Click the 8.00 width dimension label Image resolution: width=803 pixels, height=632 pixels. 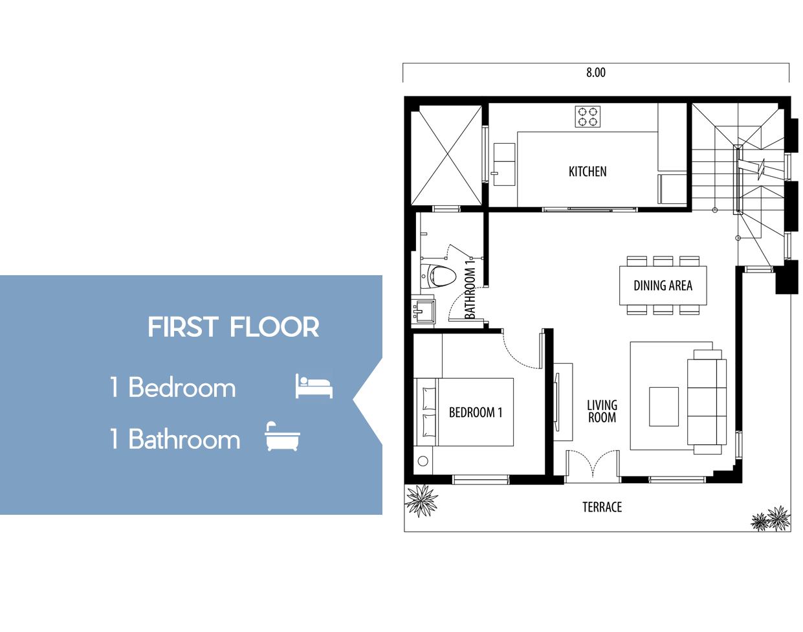pos(595,73)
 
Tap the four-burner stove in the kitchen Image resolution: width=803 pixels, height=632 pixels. pos(588,117)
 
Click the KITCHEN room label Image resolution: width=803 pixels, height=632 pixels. pos(588,172)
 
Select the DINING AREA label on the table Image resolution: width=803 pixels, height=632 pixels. pos(663,286)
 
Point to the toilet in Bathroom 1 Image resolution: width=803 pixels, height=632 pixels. pos(438,276)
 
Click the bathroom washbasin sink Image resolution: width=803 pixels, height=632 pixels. pos(424,310)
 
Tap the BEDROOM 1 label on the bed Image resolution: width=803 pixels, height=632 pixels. pos(476,412)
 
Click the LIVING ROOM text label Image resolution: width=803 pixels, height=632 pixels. pos(602,411)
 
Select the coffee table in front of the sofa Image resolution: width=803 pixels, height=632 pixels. pos(663,407)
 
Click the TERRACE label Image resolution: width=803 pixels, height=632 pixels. pos(602,507)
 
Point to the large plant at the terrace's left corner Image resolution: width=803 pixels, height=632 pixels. pos(421,501)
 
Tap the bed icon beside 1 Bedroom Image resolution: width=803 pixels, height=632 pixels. pos(314,386)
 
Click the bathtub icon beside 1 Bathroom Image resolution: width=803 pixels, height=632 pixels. pos(282,436)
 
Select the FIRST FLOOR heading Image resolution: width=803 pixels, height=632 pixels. pos(233,327)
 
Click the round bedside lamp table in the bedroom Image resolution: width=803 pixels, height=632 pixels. pos(423,461)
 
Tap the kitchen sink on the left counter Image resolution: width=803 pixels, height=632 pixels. pos(504,164)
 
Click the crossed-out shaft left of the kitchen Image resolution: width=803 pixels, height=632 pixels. pos(446,155)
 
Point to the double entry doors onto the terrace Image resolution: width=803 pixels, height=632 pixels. pos(593,464)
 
